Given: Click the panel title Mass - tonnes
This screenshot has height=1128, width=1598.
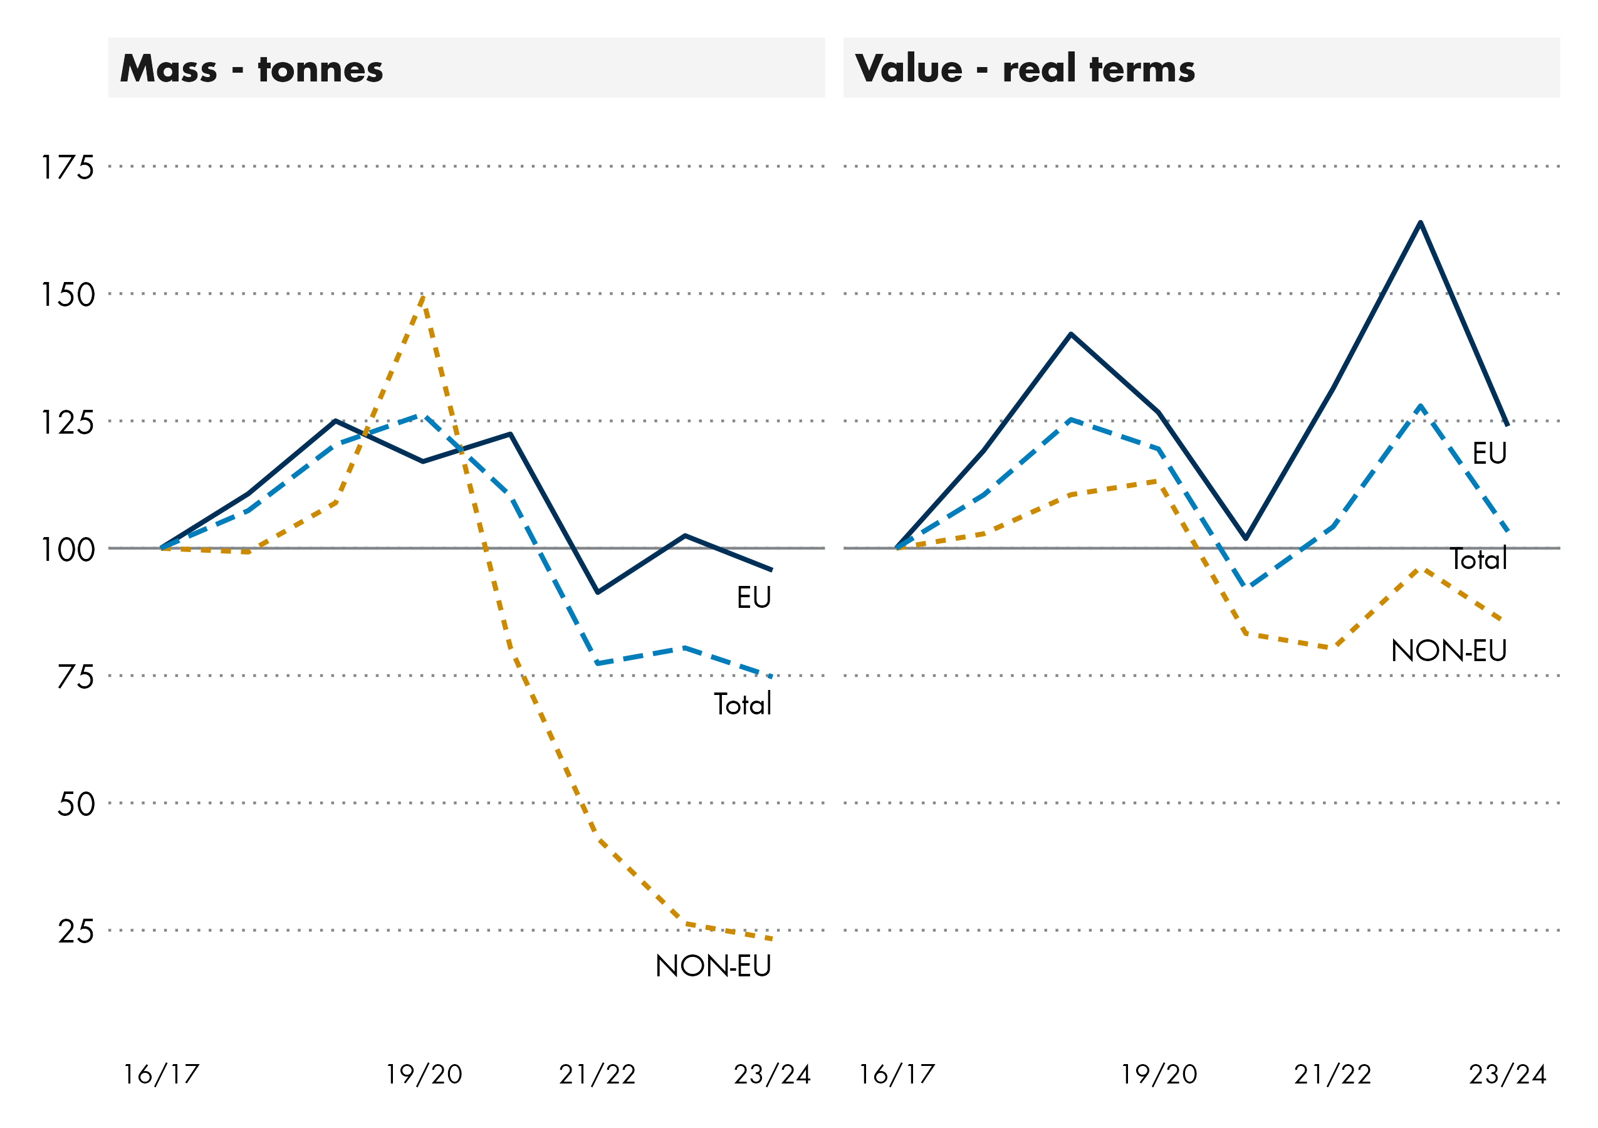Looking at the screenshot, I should tap(251, 69).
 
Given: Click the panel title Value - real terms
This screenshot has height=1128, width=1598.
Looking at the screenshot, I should tap(1025, 69).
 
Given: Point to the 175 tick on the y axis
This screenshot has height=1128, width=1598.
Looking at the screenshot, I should tap(68, 168).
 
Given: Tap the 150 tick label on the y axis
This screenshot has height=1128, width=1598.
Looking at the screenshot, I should tap(68, 295).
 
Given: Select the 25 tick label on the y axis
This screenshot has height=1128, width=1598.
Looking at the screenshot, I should tap(75, 931).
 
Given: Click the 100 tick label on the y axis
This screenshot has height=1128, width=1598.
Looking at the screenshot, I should tap(68, 550).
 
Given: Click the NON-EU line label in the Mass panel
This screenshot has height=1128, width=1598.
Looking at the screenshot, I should tap(713, 966).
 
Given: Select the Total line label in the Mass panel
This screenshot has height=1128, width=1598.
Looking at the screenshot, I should tap(743, 704).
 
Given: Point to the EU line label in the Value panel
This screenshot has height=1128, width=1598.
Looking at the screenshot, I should tap(1489, 454).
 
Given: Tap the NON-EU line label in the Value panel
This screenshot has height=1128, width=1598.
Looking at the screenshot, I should tap(1448, 651).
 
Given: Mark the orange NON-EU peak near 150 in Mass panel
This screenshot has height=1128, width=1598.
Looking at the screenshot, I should tap(423, 298).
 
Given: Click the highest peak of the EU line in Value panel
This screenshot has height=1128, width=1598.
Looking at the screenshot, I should tap(1420, 222).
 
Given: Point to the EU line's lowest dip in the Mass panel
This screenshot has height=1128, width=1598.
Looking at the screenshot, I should tap(598, 592).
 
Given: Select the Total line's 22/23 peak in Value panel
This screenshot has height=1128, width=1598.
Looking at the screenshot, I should tap(1420, 405).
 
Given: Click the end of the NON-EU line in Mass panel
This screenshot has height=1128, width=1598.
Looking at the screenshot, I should tap(771, 939).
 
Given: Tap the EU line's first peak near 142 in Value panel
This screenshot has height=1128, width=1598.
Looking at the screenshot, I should tap(1071, 335).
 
